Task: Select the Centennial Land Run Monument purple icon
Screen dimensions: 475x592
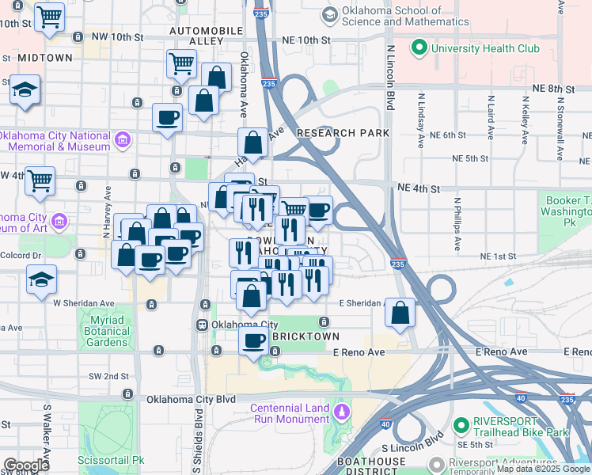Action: point(341,412)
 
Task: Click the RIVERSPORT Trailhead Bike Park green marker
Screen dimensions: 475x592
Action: point(459,427)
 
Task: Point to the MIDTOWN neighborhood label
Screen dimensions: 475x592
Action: point(45,58)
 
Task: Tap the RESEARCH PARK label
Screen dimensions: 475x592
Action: point(343,133)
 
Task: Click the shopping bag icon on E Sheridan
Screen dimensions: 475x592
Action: point(400,312)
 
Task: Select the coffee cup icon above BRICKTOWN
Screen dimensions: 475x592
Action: point(253,341)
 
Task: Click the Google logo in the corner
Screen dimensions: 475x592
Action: point(26,465)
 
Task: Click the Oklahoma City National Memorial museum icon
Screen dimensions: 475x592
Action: point(122,142)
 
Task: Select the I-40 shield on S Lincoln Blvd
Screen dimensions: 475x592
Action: point(385,424)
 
